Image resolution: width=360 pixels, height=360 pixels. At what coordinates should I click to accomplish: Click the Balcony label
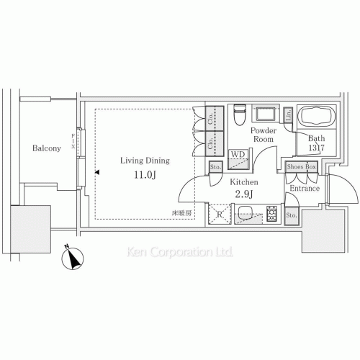click(x=46, y=148)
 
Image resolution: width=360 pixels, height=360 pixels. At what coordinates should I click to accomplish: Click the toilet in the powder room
click(x=240, y=114)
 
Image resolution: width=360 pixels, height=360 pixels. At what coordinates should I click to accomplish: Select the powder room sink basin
click(x=266, y=114)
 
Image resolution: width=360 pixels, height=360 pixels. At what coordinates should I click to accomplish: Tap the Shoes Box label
click(x=301, y=166)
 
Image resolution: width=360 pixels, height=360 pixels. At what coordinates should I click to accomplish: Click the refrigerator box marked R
click(x=219, y=214)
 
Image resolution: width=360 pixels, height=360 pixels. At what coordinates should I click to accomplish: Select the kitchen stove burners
click(x=272, y=214)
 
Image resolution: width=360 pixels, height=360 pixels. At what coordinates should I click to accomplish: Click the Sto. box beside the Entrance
click(x=292, y=215)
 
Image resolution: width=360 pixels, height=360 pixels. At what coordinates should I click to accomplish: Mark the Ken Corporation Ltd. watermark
click(x=179, y=253)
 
